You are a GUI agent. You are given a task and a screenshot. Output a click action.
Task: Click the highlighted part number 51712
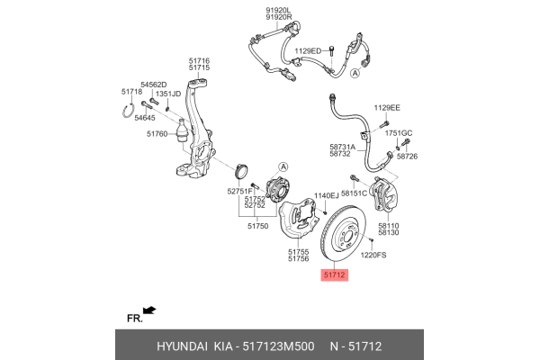tap(334, 274)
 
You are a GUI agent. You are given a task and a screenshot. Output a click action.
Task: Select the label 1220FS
tap(373, 256)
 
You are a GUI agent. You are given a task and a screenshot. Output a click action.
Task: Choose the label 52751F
tap(238, 192)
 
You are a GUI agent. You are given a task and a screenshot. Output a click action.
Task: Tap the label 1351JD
tap(168, 94)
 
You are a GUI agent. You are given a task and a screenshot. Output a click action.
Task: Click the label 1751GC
tap(399, 133)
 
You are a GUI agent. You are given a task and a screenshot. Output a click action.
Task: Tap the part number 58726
tap(409, 156)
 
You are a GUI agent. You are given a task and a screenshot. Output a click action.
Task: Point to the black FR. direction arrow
tap(149, 310)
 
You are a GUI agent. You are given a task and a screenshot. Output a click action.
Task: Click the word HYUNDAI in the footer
tap(183, 345)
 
